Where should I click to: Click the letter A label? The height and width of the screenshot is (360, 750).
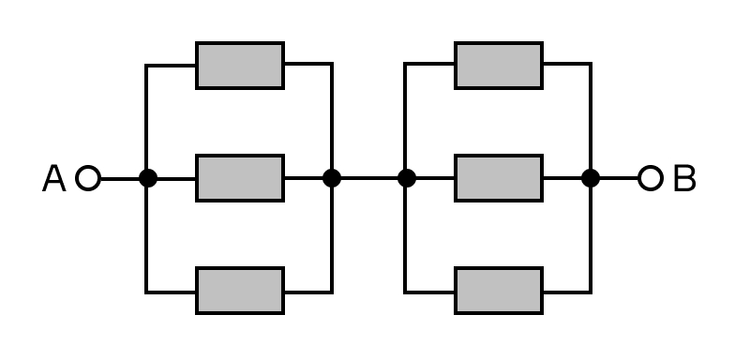point(54,178)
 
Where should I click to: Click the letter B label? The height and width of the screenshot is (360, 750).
point(684,178)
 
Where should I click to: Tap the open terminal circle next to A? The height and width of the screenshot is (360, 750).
point(88,178)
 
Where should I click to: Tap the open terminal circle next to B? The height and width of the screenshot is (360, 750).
point(651,178)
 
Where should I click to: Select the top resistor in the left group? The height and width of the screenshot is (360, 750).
point(240,66)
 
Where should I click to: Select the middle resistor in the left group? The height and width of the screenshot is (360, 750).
point(240,178)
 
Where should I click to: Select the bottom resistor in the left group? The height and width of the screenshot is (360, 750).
point(240,292)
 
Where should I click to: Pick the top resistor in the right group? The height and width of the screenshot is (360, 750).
point(499,66)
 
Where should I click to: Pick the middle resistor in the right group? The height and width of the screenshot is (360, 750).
point(499,178)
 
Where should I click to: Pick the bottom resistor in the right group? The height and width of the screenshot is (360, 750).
point(499,292)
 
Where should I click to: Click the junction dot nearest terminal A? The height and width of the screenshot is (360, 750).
point(148,178)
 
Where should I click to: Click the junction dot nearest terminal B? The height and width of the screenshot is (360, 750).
point(591,178)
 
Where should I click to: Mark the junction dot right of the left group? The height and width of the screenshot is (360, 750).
point(332,178)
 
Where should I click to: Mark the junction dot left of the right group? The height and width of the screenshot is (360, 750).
point(407,178)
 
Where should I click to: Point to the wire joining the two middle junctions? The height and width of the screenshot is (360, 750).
point(369,178)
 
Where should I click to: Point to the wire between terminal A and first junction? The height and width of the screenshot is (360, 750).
point(120,179)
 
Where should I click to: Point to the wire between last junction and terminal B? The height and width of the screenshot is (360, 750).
point(619,178)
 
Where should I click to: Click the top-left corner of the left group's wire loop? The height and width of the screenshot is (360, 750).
point(146,65)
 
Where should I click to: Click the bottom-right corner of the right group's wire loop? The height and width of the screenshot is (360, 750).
point(592,292)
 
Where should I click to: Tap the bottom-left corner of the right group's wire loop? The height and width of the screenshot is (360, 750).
point(405,292)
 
